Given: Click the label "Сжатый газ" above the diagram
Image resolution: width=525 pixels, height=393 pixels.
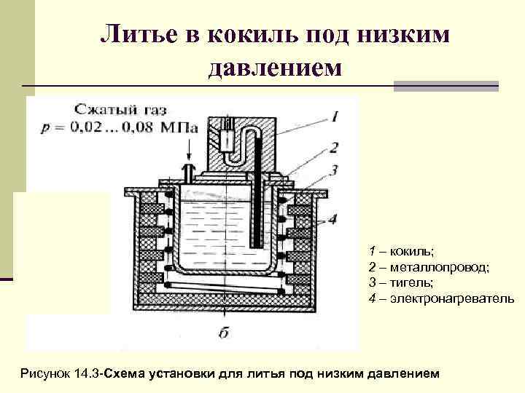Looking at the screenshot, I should [x=120, y=111].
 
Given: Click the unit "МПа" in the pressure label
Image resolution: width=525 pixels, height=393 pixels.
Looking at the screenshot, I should [x=180, y=126].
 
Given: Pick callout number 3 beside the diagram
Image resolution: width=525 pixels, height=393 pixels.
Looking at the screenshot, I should [x=333, y=170].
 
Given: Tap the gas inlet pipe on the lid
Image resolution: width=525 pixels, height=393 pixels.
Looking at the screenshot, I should [x=190, y=175].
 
